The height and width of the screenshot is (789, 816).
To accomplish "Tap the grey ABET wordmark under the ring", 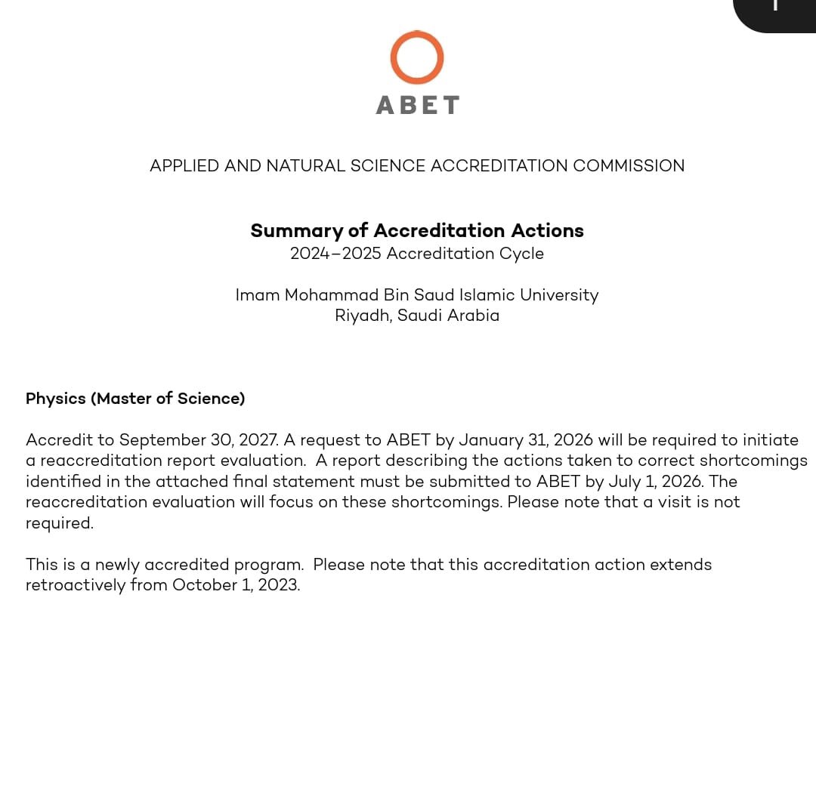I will pyautogui.click(x=417, y=105).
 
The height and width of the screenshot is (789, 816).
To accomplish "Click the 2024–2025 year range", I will pyautogui.click(x=335, y=254).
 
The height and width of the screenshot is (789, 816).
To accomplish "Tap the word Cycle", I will pyautogui.click(x=521, y=254).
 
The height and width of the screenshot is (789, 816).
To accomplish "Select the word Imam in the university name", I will pyautogui.click(x=257, y=295).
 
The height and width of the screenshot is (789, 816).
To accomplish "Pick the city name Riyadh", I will pyautogui.click(x=363, y=316).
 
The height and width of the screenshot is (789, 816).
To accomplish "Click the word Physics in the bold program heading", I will pyautogui.click(x=55, y=399).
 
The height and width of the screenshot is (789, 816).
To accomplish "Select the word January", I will pyautogui.click(x=491, y=440).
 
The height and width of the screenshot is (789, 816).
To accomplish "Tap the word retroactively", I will pyautogui.click(x=75, y=585).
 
